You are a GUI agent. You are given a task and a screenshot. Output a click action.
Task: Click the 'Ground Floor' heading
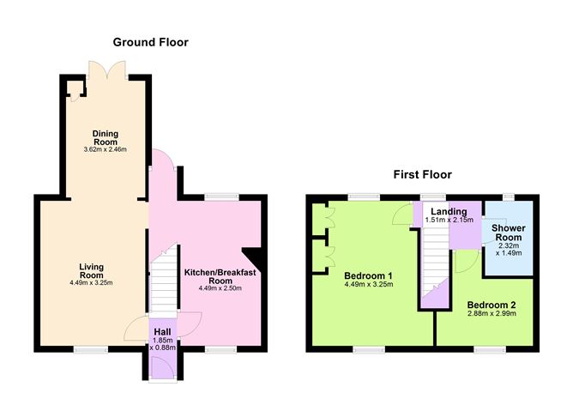coord(150,42)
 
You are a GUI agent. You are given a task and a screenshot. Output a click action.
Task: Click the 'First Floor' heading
coord(422,174)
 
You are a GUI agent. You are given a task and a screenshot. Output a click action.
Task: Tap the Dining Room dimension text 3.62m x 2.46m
coord(106,149)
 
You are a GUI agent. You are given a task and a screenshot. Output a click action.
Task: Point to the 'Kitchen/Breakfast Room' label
coord(220,276)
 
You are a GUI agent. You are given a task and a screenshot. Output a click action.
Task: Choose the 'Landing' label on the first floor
coord(449,211)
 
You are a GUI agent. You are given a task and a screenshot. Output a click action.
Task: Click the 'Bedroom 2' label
coord(491,305)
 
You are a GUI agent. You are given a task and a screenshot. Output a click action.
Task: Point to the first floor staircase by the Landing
coord(434,257)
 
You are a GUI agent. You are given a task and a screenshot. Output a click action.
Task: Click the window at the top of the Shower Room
coord(508,197)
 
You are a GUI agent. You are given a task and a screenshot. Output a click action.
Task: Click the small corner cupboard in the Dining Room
coord(75,88)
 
